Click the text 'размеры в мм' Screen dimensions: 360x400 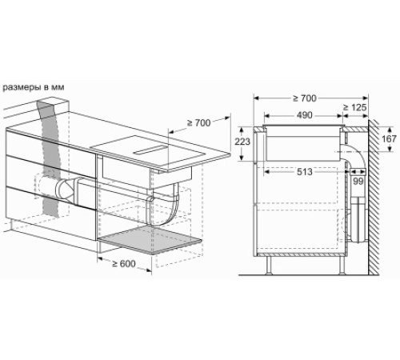click(34, 86)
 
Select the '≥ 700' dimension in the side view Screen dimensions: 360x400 click(303, 98)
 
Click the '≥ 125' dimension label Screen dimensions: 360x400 click(356, 107)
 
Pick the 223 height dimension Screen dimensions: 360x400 click(242, 142)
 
